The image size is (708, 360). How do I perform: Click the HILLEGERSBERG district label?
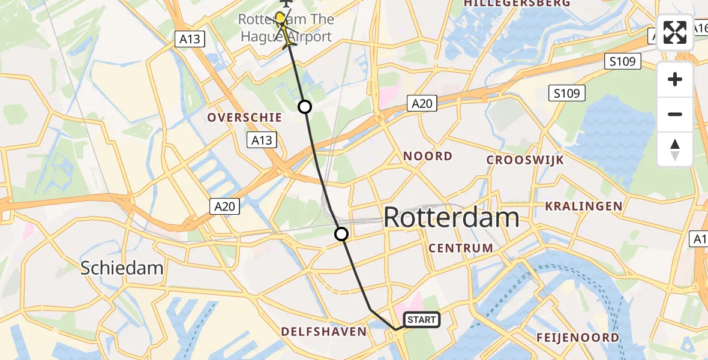coord(517,4)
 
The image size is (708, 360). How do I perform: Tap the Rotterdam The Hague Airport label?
coord(286,28)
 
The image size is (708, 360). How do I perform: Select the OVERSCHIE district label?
coord(245,117)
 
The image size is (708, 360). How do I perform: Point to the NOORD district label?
coord(427,157)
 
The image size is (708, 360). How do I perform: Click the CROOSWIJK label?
coord(525,160)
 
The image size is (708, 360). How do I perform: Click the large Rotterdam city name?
coord(451,217)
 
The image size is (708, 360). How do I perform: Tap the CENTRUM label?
coord(461,248)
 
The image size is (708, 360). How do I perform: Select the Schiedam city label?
coord(122,268)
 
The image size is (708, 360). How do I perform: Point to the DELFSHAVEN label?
coord(324,332)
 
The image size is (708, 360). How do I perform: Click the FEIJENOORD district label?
coord(577,338)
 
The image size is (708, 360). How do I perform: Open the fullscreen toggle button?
coord(675,32)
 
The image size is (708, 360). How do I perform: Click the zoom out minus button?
coord(675,114)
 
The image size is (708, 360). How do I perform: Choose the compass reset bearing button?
coord(675,149)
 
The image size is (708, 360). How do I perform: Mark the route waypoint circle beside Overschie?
coord(305,107)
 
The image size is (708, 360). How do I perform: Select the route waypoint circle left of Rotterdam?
coord(341,234)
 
